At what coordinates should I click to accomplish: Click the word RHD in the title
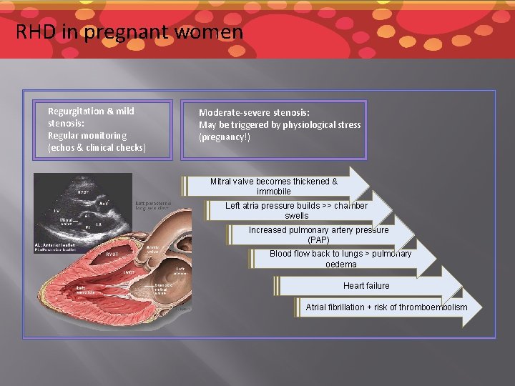click(x=33, y=32)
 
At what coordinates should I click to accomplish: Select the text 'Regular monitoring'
click(x=87, y=135)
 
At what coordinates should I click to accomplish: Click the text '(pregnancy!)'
click(x=225, y=137)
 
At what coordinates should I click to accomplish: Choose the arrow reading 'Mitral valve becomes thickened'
click(x=273, y=182)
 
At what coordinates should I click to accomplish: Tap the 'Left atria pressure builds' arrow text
click(x=296, y=206)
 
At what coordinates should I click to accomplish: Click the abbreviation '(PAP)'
click(x=318, y=240)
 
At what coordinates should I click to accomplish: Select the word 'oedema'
click(x=340, y=264)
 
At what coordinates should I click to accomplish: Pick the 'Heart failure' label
click(x=366, y=286)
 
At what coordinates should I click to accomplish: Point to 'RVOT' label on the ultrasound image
click(x=84, y=192)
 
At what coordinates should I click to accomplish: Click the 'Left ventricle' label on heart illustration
click(x=85, y=289)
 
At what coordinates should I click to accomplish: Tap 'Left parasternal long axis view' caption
click(x=152, y=206)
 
